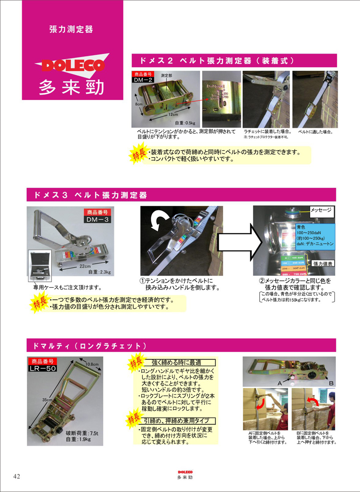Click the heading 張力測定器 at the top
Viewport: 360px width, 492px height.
(72, 30)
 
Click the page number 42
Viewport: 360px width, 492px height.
(16, 476)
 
